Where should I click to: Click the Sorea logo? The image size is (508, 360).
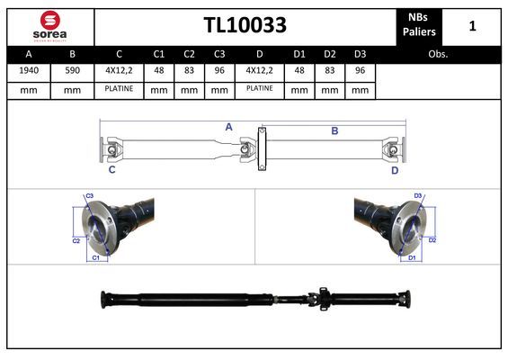pos(49,26)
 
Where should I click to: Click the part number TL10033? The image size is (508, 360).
pos(245,25)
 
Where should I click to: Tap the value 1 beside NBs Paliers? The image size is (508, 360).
pos(472,26)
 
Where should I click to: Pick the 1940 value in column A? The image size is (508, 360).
pos(29,70)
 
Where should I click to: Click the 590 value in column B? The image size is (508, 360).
pos(72,70)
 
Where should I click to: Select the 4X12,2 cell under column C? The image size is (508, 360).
pos(119,70)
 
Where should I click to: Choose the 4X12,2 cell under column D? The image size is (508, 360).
pos(260,70)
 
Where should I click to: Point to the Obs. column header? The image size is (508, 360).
pos(438,54)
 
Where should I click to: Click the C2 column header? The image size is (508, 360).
pos(189,54)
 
